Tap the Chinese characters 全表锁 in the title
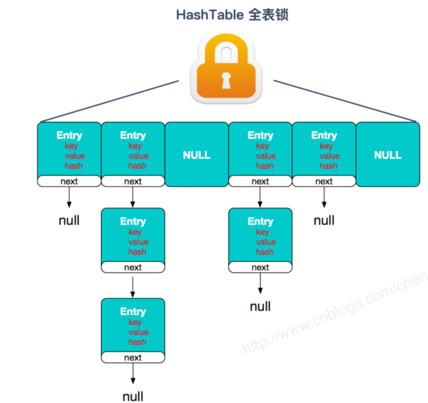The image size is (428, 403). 268,14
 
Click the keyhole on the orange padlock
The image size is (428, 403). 226,80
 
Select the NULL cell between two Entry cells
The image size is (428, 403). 197,154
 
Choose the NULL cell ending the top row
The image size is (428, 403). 388,154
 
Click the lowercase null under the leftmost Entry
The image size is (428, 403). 69,220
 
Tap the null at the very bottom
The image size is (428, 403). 133,396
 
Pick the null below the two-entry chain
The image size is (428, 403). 261,306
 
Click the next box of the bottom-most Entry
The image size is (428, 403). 133,357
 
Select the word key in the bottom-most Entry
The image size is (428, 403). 135,322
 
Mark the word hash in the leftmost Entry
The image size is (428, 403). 73,166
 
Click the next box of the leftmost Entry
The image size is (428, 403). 69,181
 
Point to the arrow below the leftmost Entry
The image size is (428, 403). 69,197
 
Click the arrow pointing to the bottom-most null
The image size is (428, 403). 133,374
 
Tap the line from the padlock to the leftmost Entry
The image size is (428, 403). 110,101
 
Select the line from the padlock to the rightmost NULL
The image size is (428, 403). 345,101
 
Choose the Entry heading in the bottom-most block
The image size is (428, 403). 133,312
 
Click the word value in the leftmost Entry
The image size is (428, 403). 75,156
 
